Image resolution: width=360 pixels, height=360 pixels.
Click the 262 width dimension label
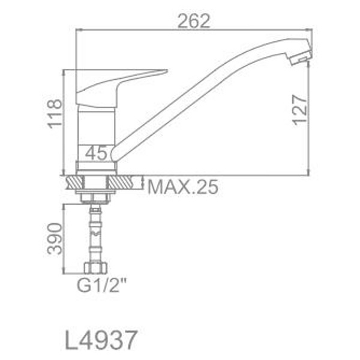coord(194,21)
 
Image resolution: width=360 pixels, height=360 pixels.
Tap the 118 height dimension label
coord(55,113)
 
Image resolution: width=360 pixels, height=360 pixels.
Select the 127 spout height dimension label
coord(300,110)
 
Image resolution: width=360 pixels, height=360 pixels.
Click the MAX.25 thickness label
coord(183,187)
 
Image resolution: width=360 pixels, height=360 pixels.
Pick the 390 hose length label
coord(55,239)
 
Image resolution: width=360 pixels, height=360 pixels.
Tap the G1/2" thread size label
coord(102,285)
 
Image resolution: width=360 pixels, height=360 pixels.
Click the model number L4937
coord(101,340)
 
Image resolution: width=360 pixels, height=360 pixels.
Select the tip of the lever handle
coord(166,70)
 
